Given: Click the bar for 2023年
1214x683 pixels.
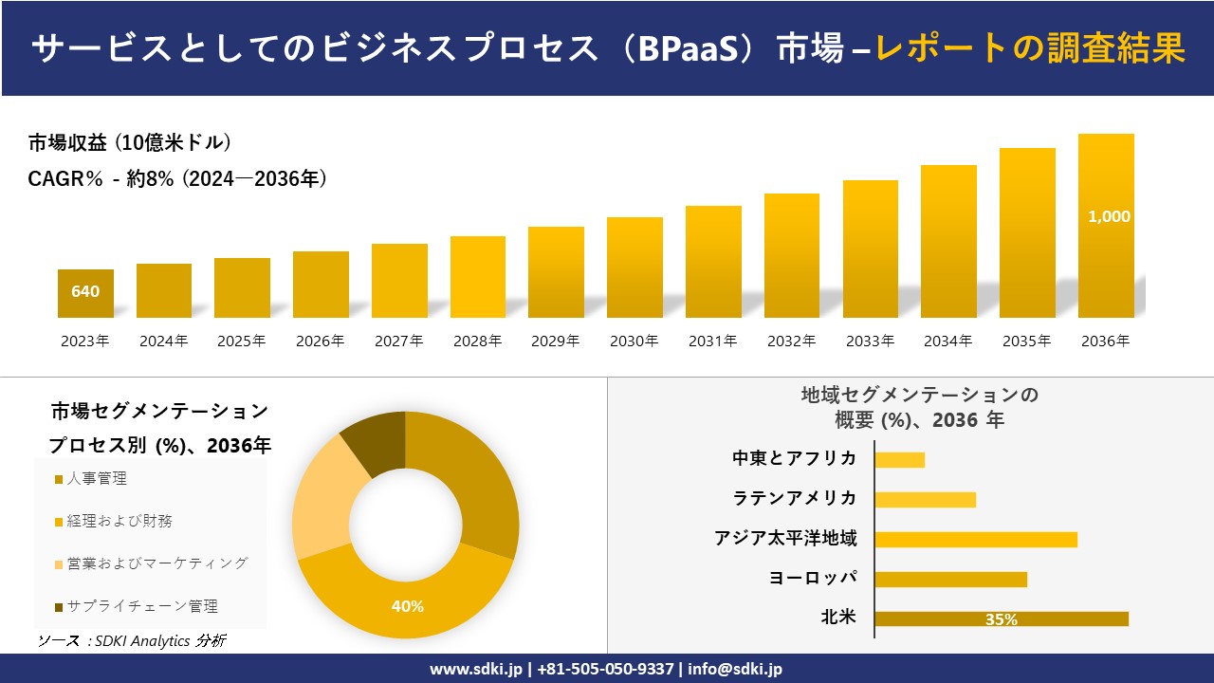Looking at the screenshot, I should click(x=85, y=294).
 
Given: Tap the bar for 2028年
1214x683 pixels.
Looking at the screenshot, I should click(x=478, y=277).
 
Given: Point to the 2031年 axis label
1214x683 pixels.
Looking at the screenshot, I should click(x=712, y=341).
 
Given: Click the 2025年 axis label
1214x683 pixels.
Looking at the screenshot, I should click(x=242, y=341).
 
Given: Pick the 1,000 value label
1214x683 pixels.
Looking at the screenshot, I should click(x=1109, y=216).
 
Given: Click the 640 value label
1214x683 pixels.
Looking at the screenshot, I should click(x=85, y=291).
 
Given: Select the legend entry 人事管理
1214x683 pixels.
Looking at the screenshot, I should click(x=96, y=479).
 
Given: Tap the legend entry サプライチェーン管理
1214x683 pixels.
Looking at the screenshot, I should click(x=141, y=606).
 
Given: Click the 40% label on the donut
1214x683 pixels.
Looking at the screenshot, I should click(x=408, y=606).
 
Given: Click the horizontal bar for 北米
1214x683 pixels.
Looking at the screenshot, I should click(x=1001, y=618).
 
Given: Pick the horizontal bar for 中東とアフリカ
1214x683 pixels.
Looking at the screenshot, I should click(x=899, y=460).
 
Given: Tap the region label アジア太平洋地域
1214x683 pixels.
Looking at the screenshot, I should click(x=785, y=539).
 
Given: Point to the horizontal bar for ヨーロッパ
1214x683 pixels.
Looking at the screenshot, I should click(x=950, y=579).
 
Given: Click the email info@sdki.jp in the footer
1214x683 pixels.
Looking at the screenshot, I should click(x=735, y=669).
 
